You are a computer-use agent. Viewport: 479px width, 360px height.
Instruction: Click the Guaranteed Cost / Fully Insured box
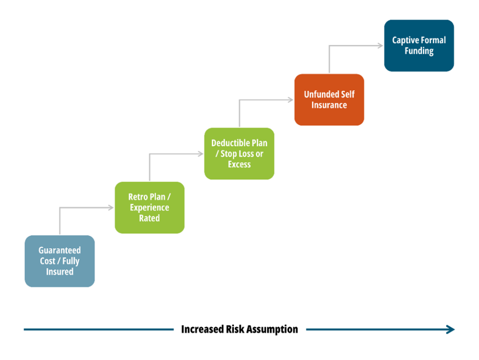[59, 261]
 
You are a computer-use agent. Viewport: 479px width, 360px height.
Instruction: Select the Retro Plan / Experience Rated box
[150, 207]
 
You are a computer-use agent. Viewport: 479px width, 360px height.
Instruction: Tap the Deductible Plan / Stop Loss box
[239, 154]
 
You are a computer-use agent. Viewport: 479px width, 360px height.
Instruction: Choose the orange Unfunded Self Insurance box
[329, 100]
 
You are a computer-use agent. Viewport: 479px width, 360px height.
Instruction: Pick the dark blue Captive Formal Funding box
[419, 45]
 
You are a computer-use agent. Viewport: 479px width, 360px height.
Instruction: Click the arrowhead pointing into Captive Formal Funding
[381, 45]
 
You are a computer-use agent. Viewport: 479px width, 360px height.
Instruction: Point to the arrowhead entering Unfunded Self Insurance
[291, 100]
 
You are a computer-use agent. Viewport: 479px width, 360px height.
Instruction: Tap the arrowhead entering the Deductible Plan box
[201, 154]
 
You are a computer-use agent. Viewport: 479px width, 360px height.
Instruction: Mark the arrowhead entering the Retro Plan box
[111, 208]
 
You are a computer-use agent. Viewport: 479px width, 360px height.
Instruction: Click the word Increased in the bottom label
[203, 330]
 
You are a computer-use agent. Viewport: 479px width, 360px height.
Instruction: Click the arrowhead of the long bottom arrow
[451, 330]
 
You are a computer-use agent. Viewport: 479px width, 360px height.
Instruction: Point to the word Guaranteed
[59, 250]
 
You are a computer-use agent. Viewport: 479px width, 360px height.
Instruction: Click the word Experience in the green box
[150, 208]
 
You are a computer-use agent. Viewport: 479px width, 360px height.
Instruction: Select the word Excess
[239, 164]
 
